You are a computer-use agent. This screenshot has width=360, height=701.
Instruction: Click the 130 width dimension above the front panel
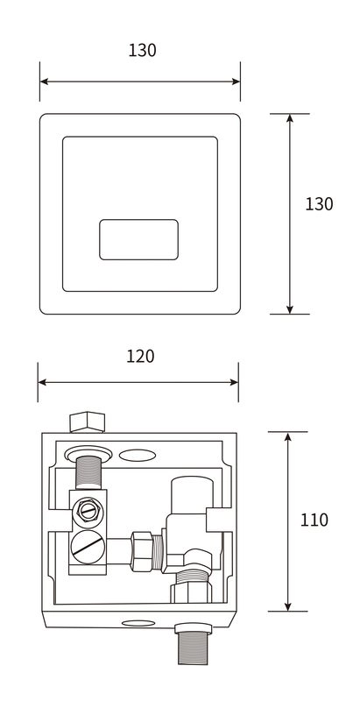point(142,50)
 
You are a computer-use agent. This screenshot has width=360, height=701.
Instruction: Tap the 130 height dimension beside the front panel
point(319,204)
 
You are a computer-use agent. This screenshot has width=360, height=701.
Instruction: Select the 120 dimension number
point(140,357)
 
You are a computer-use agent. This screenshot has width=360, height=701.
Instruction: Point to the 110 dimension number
point(314,520)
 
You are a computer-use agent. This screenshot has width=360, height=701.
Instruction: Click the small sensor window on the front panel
point(139,239)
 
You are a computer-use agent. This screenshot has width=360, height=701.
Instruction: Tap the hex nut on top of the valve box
point(87,422)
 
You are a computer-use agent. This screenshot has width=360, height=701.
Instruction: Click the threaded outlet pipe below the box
point(193,645)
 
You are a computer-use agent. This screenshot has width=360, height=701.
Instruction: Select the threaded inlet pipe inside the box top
point(88,472)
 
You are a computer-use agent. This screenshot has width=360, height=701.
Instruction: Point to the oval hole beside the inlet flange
point(138,455)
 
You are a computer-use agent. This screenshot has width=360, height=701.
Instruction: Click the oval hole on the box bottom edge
point(138,623)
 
